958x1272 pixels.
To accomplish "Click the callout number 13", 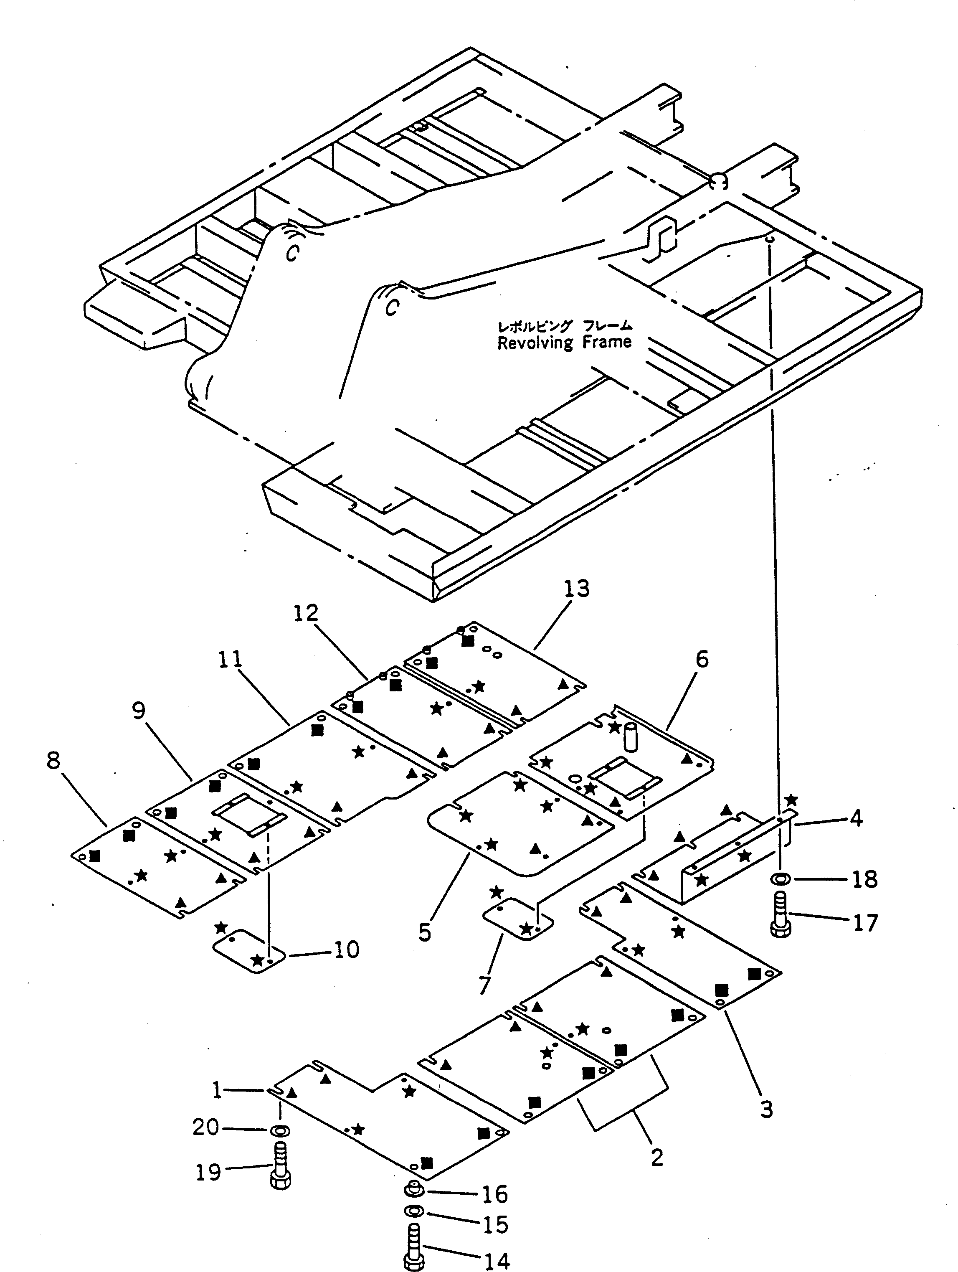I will click(x=576, y=589).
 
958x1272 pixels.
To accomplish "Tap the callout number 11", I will click(x=230, y=660).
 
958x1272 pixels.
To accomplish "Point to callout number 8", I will click(x=53, y=761).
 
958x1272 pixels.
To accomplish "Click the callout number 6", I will click(x=702, y=660).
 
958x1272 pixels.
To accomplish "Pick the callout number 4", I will click(x=856, y=818).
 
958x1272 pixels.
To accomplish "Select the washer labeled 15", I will click(x=415, y=1211).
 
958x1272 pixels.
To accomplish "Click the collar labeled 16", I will click(x=415, y=1188).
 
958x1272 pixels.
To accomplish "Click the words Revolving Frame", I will click(x=564, y=343).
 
